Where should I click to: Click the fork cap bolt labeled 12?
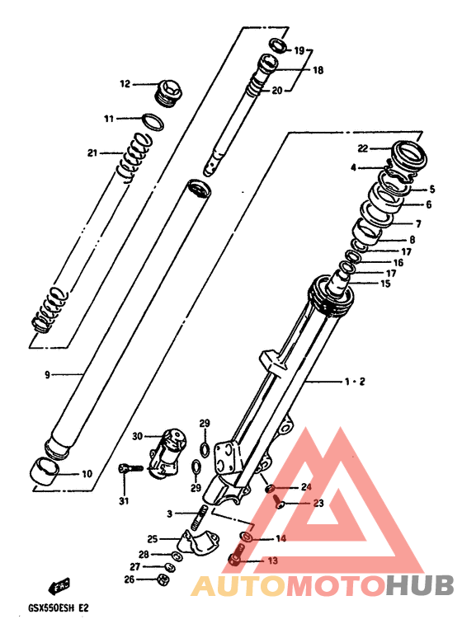[169, 93]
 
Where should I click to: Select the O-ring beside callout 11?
[153, 122]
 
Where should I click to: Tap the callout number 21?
[92, 153]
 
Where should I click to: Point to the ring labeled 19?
[278, 45]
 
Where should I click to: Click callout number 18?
[318, 70]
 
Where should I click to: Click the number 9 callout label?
[47, 374]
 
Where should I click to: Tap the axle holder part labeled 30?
[167, 452]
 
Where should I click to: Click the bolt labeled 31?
[130, 469]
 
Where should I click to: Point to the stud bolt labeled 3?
[198, 517]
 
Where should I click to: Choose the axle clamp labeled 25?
[198, 542]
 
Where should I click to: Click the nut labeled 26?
[163, 579]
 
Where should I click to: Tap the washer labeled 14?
[246, 537]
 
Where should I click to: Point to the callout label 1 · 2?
[355, 382]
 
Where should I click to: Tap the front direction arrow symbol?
[59, 586]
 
